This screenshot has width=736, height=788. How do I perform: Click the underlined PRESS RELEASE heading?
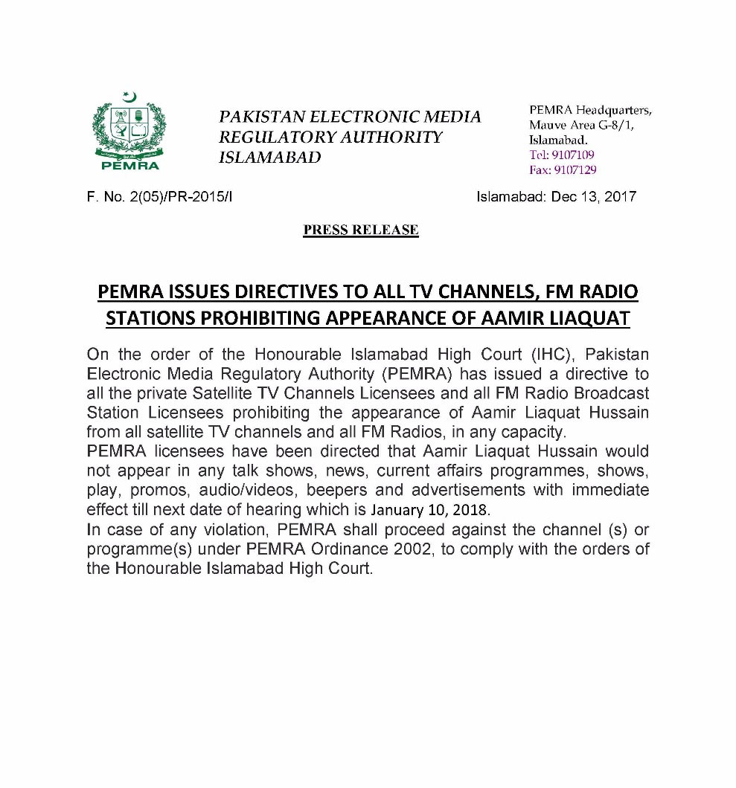click(x=361, y=230)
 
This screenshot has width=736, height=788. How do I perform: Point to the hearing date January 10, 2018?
click(x=431, y=511)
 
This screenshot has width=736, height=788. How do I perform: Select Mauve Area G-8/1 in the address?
click(x=581, y=125)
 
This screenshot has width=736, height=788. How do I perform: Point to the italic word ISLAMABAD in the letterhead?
click(x=270, y=158)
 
